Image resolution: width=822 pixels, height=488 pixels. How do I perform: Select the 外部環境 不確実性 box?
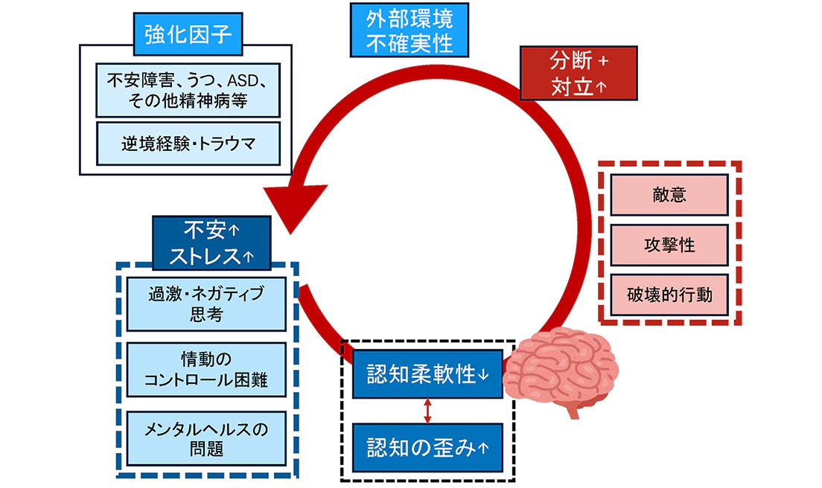[x=410, y=30]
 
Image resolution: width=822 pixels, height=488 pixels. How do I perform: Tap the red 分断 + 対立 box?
[x=579, y=73]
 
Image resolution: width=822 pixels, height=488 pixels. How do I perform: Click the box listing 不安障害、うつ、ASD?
[x=188, y=89]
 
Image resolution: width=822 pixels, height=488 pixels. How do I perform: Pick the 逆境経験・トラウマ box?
[x=188, y=144]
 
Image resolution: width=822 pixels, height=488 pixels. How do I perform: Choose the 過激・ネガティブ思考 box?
[x=206, y=304]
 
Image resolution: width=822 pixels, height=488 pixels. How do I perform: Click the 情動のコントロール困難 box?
[x=206, y=370]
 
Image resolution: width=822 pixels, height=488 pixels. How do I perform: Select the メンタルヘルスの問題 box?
[x=206, y=438]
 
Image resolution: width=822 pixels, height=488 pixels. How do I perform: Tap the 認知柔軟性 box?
[x=428, y=374]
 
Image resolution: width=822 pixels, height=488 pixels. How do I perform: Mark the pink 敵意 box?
[x=668, y=196]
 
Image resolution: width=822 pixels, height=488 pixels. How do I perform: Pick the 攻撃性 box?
[x=668, y=245]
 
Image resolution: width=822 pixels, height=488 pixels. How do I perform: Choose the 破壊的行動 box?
[x=668, y=295]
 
